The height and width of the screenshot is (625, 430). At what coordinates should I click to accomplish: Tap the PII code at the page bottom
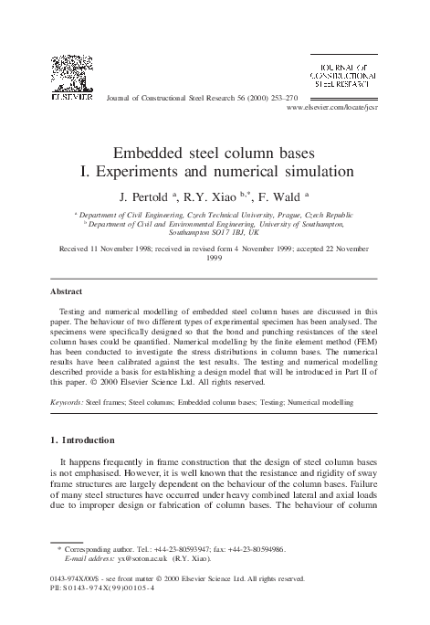click(x=105, y=613)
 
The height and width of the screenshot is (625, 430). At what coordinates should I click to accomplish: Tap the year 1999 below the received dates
click(x=215, y=258)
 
